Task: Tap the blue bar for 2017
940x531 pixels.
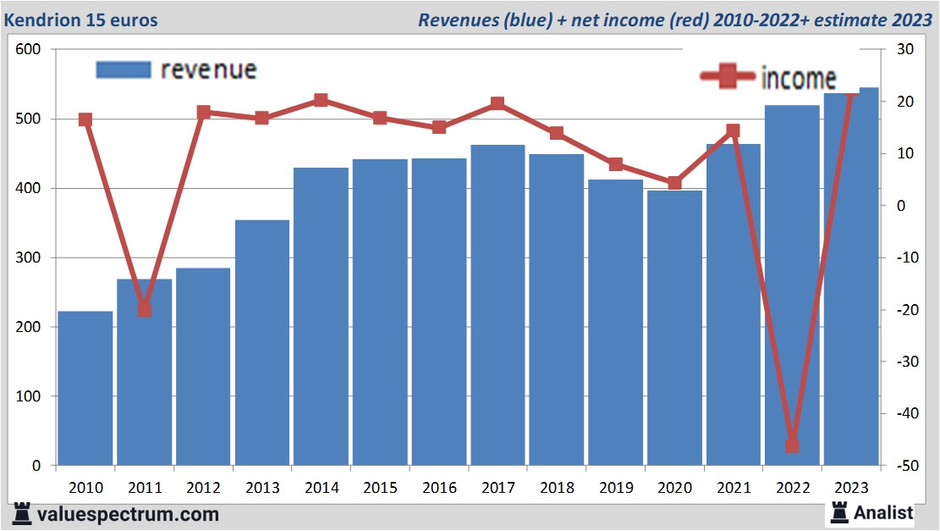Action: (497, 305)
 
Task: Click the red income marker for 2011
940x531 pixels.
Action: (145, 309)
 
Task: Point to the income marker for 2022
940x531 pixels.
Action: (792, 445)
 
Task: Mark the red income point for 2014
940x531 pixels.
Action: (321, 100)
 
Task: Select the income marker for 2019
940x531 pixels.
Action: (615, 164)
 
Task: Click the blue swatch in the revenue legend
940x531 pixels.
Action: (123, 69)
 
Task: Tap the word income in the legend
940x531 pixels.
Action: (799, 78)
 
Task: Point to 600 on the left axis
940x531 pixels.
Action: (29, 50)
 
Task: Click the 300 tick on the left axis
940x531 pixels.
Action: (29, 257)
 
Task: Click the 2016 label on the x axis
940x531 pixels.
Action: (439, 488)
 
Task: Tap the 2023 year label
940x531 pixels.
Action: (851, 488)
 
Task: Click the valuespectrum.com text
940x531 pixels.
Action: (128, 514)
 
